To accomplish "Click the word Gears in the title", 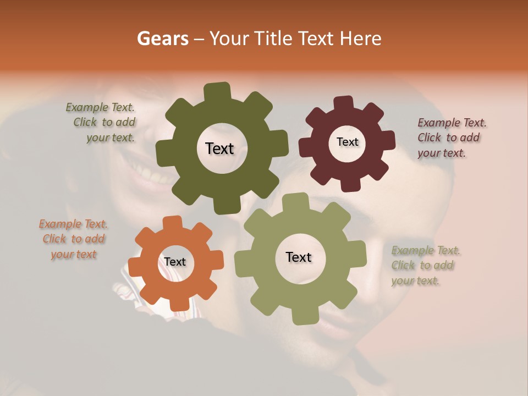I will coord(162,38).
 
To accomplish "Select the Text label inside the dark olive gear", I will coord(219,148).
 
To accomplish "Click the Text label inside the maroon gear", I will coord(347,142).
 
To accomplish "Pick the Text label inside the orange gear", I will coord(175,262).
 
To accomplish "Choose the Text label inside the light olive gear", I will coord(299,257).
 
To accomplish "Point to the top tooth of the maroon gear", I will coord(343,103).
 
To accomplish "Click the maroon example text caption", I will coord(451,137).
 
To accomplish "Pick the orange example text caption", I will coord(74,239).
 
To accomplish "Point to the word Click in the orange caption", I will coord(54,239).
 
